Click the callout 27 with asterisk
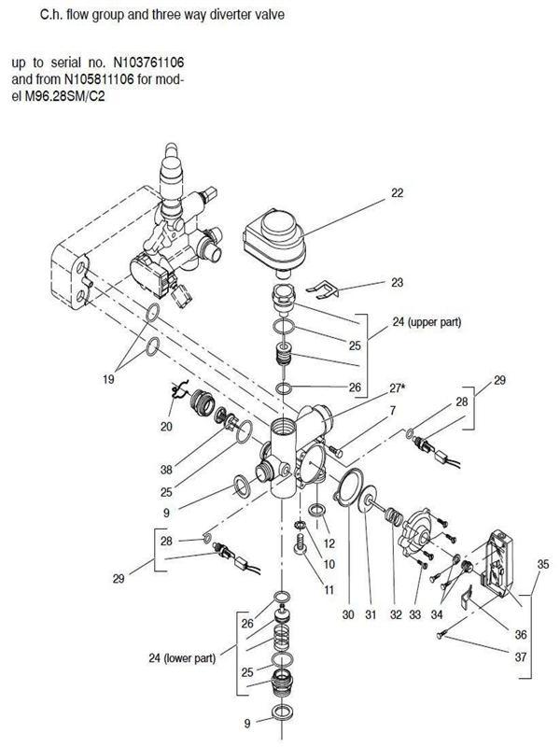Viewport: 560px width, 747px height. tap(399, 388)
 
